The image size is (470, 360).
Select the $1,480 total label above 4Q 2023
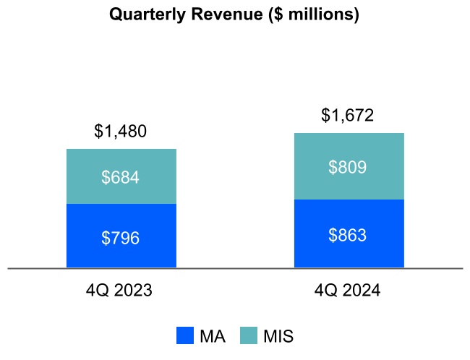pos(121,132)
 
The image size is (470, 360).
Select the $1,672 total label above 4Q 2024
pos(348,116)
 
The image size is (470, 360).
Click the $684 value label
pos(121,177)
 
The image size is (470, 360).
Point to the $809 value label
pos(348,168)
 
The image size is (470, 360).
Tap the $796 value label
pos(121,237)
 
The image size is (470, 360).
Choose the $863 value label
pos(348,235)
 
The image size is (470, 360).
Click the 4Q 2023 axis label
pos(121,291)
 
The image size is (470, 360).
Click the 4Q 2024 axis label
pos(348,291)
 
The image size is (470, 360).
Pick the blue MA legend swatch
pos(185,335)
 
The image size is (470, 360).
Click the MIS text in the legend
pos(278,336)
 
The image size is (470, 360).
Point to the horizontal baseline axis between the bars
pos(235,268)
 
